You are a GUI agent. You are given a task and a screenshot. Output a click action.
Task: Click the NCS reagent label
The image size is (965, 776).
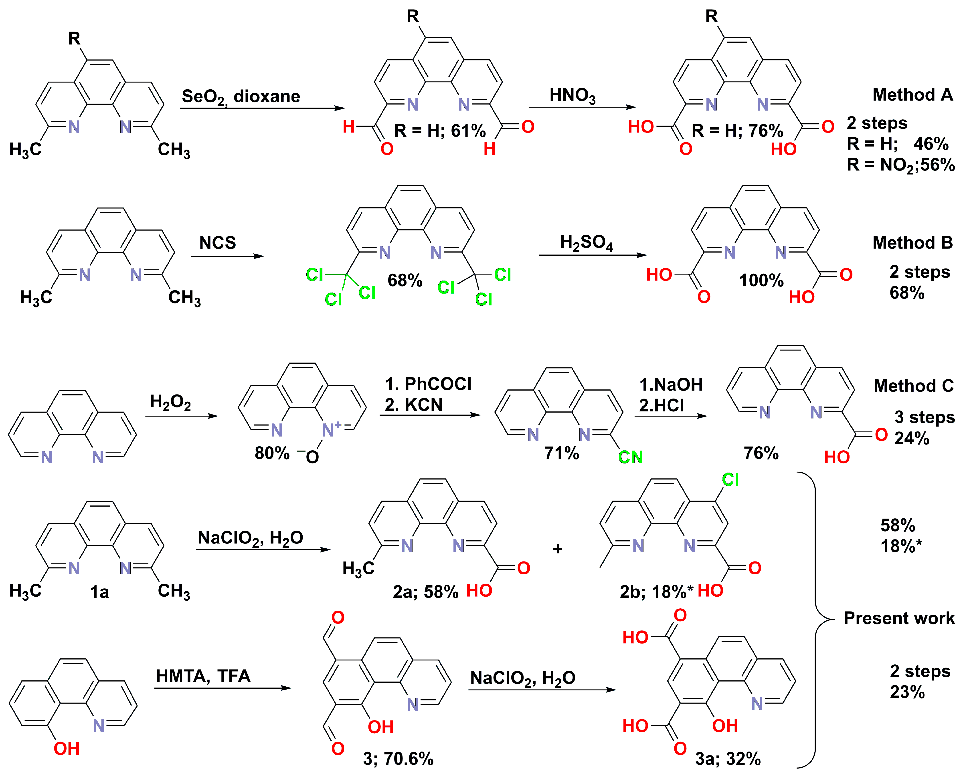coord(218,243)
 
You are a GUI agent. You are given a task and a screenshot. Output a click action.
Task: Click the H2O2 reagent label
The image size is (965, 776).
coord(170,402)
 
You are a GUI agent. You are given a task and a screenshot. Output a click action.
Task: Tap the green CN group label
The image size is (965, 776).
coord(630,457)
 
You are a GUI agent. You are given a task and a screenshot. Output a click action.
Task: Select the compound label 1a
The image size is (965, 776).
coord(99,592)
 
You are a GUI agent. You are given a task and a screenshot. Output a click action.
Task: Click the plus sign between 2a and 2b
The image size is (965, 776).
coord(558,549)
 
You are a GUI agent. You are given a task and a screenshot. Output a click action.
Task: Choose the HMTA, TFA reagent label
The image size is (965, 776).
coord(203,676)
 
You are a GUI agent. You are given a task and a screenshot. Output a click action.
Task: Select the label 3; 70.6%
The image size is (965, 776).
coord(398,759)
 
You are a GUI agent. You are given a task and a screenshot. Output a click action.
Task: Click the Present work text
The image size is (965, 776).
coord(899,618)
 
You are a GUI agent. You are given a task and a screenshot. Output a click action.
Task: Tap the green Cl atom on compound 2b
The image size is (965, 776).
coord(730,480)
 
